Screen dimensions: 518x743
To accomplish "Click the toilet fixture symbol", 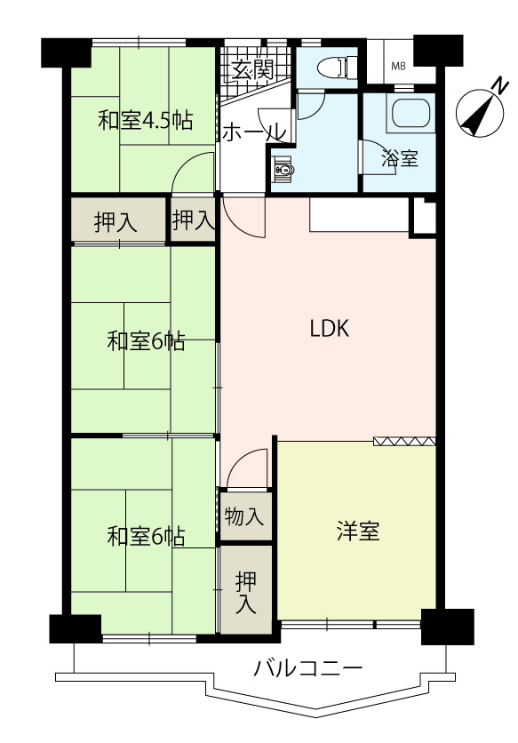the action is [x=339, y=68].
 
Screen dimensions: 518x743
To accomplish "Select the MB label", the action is [x=398, y=67].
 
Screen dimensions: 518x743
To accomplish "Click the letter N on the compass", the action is [x=499, y=86].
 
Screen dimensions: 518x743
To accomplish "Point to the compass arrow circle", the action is [x=479, y=113].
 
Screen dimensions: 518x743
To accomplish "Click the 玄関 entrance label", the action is [x=252, y=70].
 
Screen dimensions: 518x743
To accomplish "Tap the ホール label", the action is [x=254, y=132].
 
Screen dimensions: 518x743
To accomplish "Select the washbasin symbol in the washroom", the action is [x=283, y=168].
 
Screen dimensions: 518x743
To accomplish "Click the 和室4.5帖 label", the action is [x=146, y=120].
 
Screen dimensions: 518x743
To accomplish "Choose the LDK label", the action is [x=330, y=328].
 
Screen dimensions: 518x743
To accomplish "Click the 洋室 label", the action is [x=358, y=531].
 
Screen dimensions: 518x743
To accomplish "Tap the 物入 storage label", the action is [x=243, y=516].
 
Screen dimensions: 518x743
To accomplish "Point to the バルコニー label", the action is [x=309, y=669].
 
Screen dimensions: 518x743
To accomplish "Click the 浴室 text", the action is [x=400, y=158].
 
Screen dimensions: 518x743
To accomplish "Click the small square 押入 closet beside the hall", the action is [x=193, y=220].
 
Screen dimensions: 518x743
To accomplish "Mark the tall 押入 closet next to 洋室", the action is [x=245, y=590].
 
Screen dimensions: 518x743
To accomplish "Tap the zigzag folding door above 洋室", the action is [x=404, y=441].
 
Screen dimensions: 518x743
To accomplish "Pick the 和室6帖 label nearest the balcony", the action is [x=146, y=537].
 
